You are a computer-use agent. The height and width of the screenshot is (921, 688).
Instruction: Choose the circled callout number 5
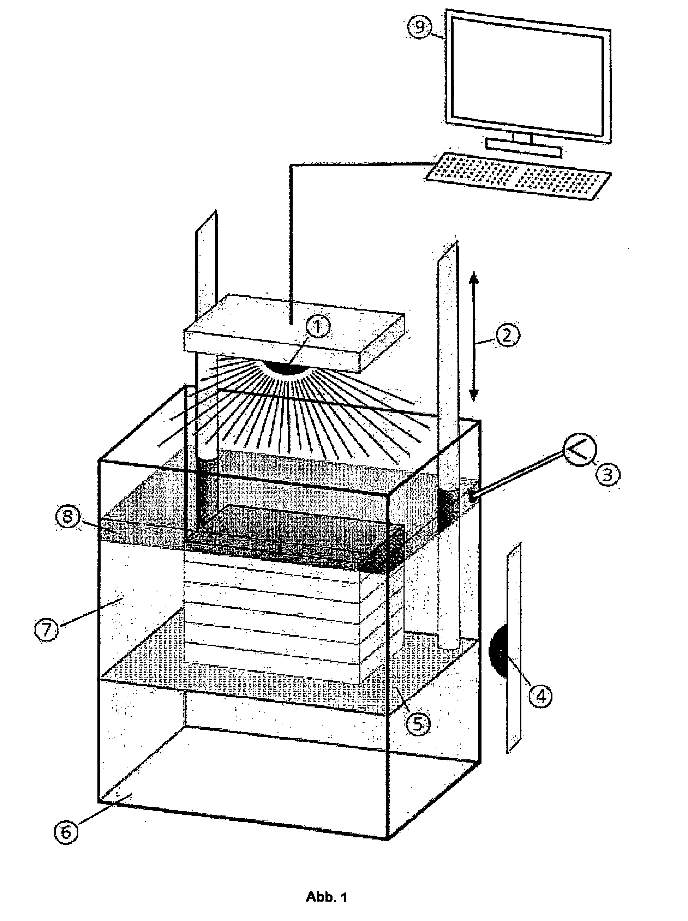tap(418, 724)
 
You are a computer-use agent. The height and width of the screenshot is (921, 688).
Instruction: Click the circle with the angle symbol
tap(579, 451)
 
